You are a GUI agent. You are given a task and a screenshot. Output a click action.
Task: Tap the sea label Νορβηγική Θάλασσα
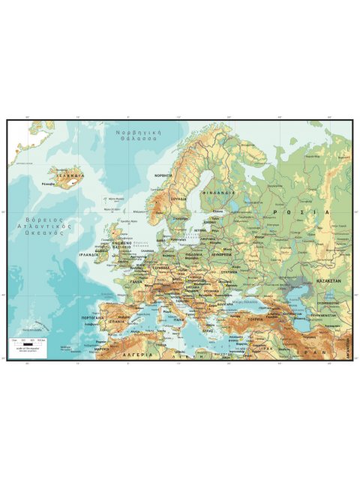(x=136, y=136)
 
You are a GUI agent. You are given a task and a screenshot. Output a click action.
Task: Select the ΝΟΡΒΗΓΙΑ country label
(x=163, y=175)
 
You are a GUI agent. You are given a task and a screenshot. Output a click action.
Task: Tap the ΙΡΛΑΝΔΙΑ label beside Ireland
(x=89, y=255)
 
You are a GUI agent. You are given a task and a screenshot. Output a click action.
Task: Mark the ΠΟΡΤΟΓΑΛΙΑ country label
(x=91, y=317)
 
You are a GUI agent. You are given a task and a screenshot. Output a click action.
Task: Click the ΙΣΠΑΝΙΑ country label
(x=115, y=321)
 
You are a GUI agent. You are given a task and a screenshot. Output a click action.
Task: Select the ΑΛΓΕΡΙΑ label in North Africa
(x=139, y=354)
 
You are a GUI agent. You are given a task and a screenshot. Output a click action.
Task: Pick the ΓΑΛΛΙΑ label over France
(x=136, y=282)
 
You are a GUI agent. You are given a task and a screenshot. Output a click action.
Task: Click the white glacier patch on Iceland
(x=73, y=181)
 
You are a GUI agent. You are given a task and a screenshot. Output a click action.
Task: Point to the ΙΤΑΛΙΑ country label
(x=178, y=319)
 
